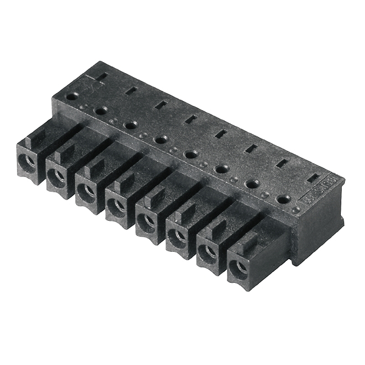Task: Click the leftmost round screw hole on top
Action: (x=72, y=96)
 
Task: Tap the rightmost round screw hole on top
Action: (x=283, y=199)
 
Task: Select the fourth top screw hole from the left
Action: (x=161, y=139)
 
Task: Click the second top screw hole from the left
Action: (x=101, y=110)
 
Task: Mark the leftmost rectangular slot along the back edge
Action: (x=102, y=77)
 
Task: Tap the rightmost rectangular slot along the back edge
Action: (x=313, y=179)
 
